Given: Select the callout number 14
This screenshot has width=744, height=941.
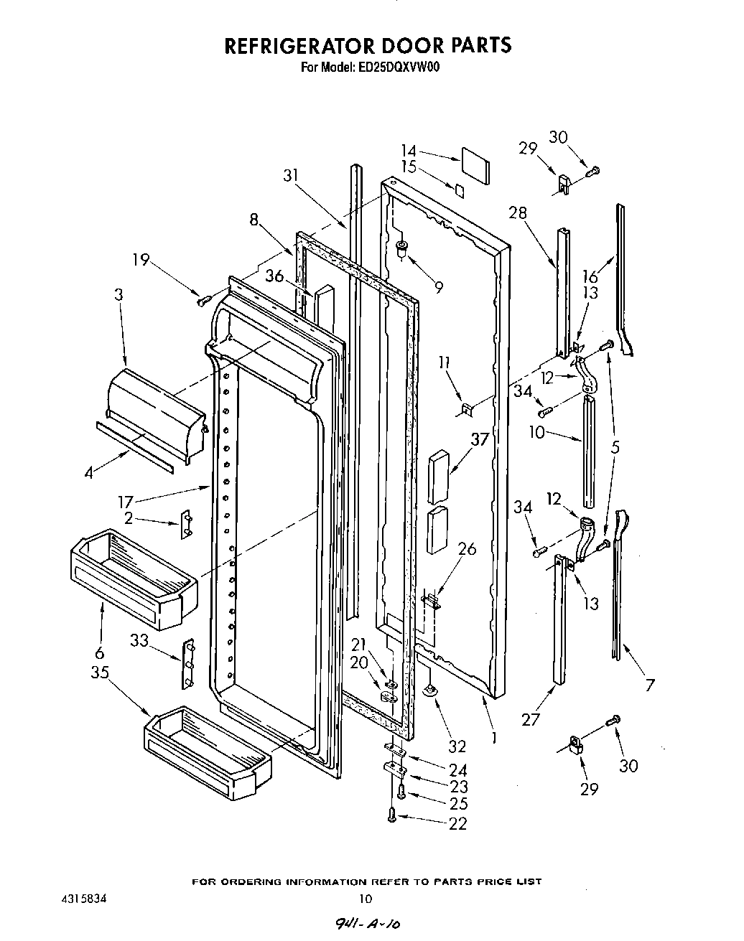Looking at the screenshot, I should point(408,151).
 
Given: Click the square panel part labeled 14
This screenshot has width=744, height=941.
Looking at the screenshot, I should point(475,166).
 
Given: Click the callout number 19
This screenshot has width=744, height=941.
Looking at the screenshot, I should point(141,259).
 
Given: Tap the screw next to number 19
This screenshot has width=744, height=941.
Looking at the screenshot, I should point(202,299).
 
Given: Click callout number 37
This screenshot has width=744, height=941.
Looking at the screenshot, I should point(480,439).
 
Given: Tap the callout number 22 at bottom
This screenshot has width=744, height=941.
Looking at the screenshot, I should point(457,823).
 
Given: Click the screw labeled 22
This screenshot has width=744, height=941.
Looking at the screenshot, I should point(392,814).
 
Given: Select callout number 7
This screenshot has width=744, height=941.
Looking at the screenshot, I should point(649,685).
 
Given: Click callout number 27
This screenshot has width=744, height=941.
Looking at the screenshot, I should point(531,719).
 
